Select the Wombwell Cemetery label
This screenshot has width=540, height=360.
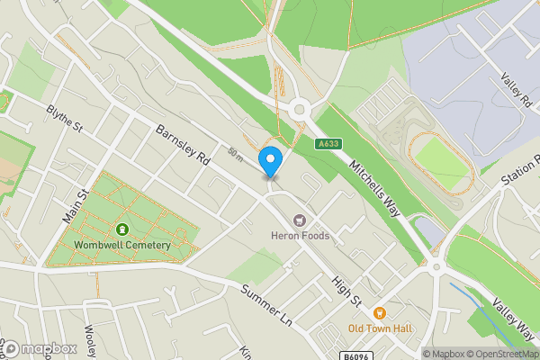(122, 246)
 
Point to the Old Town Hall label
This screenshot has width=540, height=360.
(382, 328)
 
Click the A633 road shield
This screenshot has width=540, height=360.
(328, 143)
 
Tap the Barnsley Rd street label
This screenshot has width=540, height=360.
(183, 144)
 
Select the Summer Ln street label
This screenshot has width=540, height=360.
(267, 304)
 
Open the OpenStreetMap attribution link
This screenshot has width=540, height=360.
(498, 354)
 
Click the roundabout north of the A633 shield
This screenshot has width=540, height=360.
(299, 110)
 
